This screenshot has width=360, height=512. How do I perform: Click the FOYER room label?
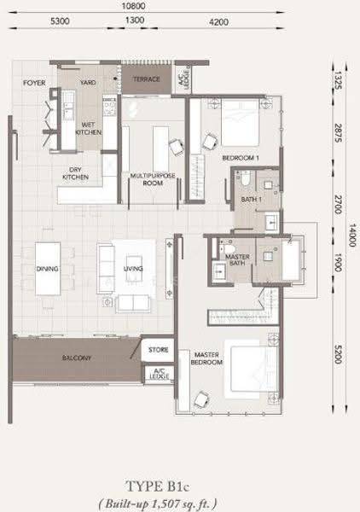click(34, 83)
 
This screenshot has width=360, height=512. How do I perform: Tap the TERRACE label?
click(147, 79)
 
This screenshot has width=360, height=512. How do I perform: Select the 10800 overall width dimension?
click(133, 6)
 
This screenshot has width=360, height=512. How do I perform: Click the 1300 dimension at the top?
click(135, 20)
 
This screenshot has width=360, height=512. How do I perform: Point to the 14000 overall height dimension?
click(352, 235)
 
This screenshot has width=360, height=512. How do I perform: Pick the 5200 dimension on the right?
click(338, 354)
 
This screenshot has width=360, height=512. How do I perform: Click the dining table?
click(48, 269)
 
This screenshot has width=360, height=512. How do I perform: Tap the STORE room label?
click(159, 350)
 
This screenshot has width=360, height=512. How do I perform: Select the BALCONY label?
click(77, 358)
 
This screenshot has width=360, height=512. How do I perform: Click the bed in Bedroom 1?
click(241, 122)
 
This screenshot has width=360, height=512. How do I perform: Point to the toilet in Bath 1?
click(246, 178)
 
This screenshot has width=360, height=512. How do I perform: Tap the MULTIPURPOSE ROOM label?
click(153, 179)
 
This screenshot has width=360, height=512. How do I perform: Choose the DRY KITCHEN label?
click(75, 173)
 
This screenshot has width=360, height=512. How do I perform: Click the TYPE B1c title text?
click(157, 486)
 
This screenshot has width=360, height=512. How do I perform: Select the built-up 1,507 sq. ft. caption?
click(158, 503)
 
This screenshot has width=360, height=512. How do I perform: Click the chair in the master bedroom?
click(200, 399)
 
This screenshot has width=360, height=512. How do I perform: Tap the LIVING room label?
click(133, 269)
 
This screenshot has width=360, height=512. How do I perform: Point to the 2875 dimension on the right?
click(338, 133)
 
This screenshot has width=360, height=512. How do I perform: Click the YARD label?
click(88, 83)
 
